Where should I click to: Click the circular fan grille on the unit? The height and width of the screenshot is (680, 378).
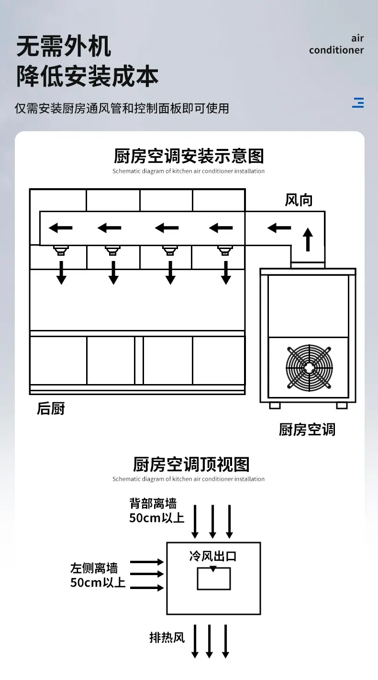(309, 368)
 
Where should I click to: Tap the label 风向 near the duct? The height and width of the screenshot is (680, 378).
(299, 200)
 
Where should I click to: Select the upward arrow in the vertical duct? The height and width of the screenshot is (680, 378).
(308, 239)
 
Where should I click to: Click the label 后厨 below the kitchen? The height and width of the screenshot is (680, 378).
(51, 408)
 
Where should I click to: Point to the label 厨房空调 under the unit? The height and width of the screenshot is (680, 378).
(307, 430)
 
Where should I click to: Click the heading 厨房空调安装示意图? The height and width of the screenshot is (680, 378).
(189, 156)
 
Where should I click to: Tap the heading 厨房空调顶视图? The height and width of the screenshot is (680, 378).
(191, 464)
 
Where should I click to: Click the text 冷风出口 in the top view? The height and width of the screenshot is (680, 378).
(213, 556)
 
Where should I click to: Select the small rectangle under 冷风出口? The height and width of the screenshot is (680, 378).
(213, 578)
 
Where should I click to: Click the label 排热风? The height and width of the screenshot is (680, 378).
(167, 637)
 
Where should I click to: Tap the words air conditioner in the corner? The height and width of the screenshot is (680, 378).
(336, 45)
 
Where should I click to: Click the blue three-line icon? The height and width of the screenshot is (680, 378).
(358, 102)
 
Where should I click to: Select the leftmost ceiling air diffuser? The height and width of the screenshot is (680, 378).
(61, 250)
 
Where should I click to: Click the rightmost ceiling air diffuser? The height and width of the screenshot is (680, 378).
(225, 250)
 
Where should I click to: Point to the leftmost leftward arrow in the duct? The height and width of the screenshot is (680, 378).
(60, 227)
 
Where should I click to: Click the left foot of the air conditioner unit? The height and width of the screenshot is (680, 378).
(275, 406)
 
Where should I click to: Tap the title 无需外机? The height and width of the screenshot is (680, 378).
(64, 46)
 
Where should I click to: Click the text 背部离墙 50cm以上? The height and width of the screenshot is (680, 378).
(156, 510)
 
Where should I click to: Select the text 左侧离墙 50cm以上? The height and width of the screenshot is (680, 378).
(98, 575)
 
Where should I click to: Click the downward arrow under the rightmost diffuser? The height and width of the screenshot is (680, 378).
(226, 272)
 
